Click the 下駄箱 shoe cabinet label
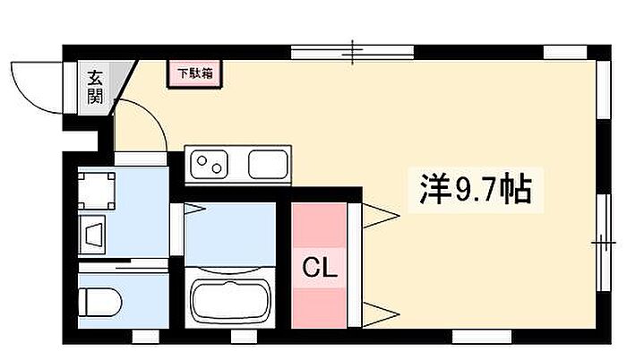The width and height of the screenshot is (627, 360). (194, 73)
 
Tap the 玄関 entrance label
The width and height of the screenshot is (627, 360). (95, 87)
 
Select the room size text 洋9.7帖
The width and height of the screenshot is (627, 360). (476, 190)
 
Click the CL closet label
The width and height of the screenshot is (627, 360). (320, 267)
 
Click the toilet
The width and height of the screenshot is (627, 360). (100, 302)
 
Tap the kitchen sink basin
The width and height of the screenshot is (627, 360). (268, 164)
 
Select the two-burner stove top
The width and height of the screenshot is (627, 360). (209, 164)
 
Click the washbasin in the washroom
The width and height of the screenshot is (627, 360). (92, 235)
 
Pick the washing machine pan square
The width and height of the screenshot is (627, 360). (97, 191)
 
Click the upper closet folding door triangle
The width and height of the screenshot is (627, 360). (381, 216)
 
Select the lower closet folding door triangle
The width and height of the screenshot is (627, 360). (381, 314)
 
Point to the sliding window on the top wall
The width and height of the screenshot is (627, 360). (352, 52)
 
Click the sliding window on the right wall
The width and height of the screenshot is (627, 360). (604, 243)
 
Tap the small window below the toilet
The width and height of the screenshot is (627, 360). (145, 337)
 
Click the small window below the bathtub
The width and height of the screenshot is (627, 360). (244, 337)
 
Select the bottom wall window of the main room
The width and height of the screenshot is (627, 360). (482, 337)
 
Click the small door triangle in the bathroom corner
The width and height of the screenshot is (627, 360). (194, 209)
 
